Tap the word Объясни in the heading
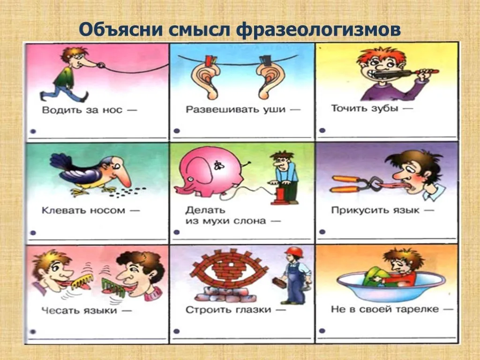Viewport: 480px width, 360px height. coord(121,30)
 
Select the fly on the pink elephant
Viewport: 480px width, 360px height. coord(219,165)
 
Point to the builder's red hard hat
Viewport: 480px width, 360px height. coord(294,252)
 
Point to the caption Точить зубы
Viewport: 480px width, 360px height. coord(364,108)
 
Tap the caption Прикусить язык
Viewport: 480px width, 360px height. coord(375,210)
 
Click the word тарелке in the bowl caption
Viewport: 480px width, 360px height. coord(417,309)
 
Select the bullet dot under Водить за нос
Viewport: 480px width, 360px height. coord(33,131)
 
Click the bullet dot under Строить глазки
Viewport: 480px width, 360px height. coord(176,331)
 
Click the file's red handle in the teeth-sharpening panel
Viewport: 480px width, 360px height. coord(427,72)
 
